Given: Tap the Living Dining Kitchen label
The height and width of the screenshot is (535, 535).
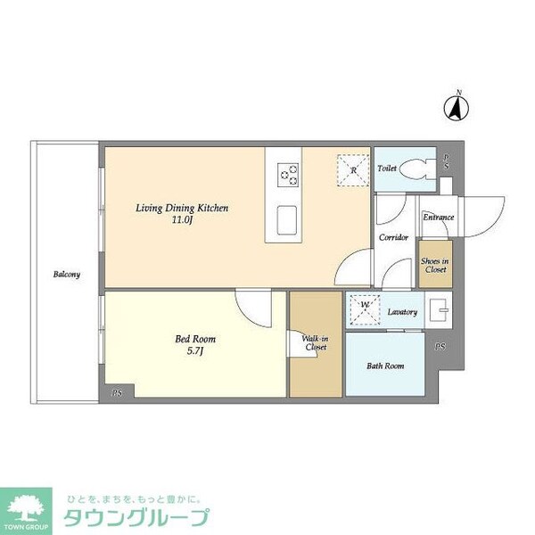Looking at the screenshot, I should tap(182, 208).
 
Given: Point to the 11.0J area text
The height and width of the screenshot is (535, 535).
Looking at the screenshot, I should tap(182, 221).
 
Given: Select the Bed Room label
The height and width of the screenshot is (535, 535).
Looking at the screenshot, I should tap(194, 339).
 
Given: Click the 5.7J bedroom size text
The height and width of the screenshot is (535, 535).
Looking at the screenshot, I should tap(194, 352).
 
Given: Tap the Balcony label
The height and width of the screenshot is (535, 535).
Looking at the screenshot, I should tap(66, 275).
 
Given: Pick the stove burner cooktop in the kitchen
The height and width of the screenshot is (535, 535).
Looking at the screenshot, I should tap(288, 174).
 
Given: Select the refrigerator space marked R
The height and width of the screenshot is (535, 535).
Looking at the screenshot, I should tap(353, 169).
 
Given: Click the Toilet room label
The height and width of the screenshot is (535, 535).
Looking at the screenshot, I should tap(387, 168).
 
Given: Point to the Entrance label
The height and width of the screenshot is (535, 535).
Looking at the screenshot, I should tap(438, 217).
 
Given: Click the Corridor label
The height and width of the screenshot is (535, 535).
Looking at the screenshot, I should tap(393, 237).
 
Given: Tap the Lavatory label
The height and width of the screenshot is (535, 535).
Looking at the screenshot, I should tap(403, 312).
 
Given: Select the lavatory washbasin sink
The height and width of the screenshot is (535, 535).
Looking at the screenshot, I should tap(440, 310).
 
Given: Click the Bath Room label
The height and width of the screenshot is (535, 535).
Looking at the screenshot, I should tap(385, 366).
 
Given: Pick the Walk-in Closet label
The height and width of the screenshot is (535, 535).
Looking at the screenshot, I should tap(315, 343).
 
